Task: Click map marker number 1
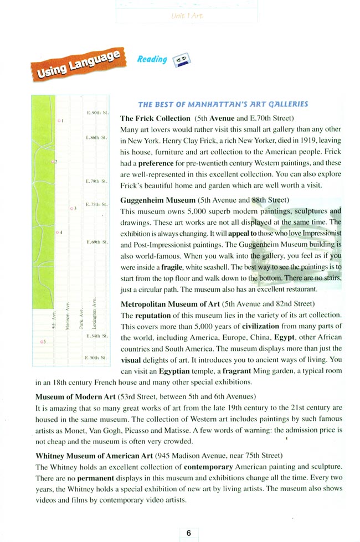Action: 59,120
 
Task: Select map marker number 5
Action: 43,342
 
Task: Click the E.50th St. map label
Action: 96,358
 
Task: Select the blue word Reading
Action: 152,59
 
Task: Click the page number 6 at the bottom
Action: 188,533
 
